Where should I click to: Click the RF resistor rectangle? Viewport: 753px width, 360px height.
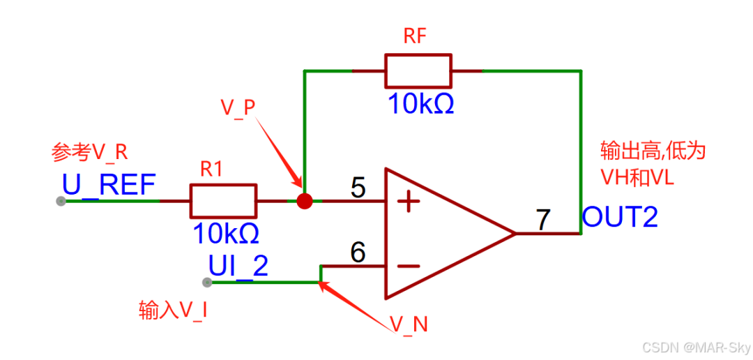(x=418, y=71)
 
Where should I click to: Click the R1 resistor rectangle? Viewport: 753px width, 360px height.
(x=223, y=201)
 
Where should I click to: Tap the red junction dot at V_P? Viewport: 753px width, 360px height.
(x=304, y=201)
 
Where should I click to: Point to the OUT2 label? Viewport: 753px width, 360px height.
(x=620, y=218)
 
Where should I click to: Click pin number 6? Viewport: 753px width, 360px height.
(x=357, y=253)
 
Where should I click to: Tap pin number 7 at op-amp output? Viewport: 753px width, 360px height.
(x=542, y=219)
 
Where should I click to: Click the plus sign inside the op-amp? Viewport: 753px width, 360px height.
(x=408, y=202)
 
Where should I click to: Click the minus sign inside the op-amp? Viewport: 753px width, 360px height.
(x=408, y=266)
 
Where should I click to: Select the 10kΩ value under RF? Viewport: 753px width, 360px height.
(x=420, y=104)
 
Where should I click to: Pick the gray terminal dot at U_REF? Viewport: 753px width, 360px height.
(x=61, y=201)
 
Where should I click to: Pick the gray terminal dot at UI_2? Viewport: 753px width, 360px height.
(x=206, y=283)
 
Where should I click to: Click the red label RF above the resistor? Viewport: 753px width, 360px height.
(x=416, y=38)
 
